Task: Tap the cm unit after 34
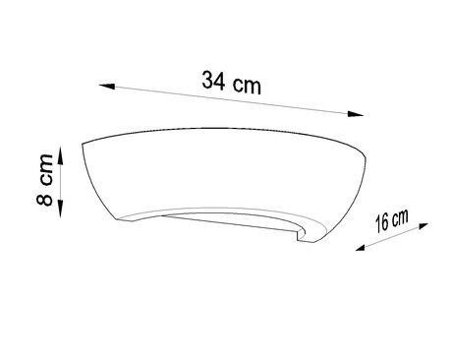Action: [x=247, y=85]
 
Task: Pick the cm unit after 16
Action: [x=400, y=216]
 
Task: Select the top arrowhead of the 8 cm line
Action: [x=62, y=151]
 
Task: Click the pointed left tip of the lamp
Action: [x=85, y=146]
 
